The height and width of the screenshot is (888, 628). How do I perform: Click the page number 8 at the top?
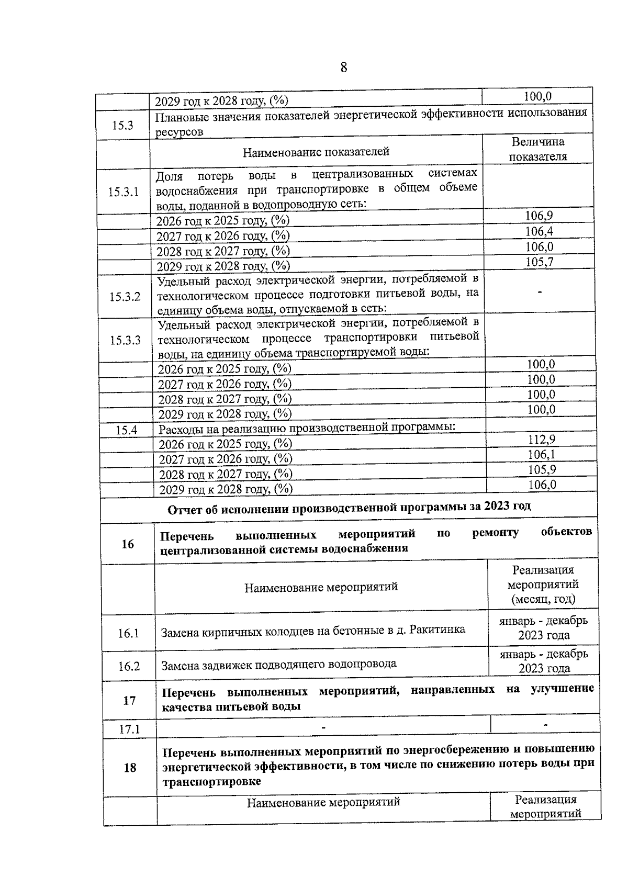pos(343,68)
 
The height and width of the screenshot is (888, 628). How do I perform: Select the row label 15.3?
pos(122,126)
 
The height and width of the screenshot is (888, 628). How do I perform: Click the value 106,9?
pos(539,216)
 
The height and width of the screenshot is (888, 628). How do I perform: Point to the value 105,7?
pos(540,262)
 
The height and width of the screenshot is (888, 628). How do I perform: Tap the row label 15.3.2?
pos(125,297)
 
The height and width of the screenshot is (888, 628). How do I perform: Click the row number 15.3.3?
pos(125,341)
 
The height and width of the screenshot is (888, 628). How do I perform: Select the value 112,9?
pos(541,440)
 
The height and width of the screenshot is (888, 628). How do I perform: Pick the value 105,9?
pos(542,469)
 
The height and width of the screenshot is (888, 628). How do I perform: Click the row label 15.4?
pos(126,430)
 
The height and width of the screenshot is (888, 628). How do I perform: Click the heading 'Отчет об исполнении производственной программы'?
pos(349,507)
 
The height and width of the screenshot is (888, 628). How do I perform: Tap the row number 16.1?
pos(128,633)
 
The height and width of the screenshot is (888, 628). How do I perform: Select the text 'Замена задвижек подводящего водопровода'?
pos(278,665)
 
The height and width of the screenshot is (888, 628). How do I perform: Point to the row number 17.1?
pos(129,729)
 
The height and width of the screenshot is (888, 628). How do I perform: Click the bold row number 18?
pos(130,768)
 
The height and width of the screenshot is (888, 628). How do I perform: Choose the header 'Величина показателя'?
pos(537,149)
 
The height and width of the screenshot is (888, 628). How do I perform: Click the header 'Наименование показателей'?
pos(316,152)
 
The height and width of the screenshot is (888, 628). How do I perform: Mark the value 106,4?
pos(539,231)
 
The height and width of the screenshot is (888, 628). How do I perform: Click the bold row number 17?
pos(129,700)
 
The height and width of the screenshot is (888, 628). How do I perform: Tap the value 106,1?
pos(541,455)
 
